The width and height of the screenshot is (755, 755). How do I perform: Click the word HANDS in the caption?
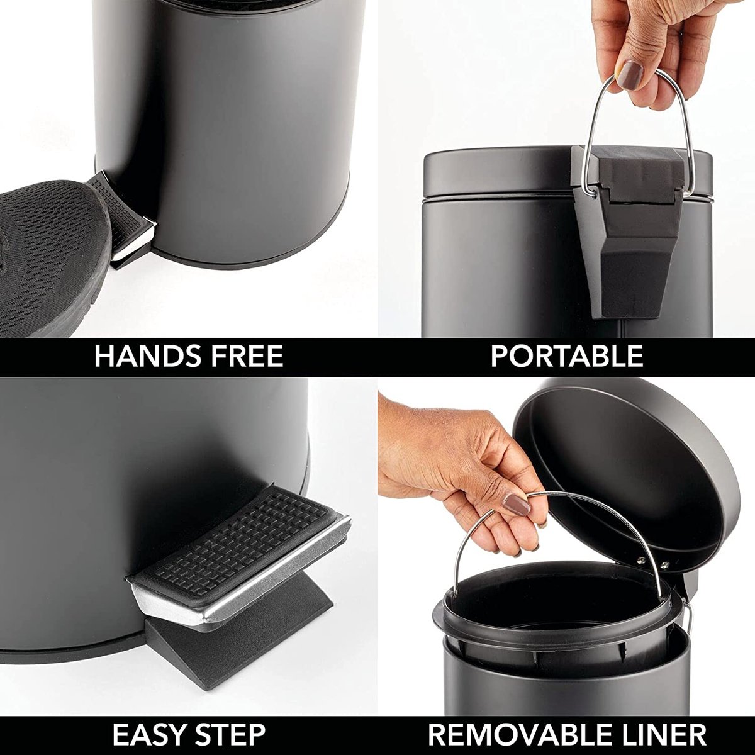click(x=147, y=355)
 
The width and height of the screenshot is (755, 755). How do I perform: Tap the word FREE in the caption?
click(x=246, y=355)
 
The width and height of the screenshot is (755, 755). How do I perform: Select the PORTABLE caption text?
click(x=566, y=355)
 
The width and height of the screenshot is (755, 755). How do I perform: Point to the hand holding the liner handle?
click(x=462, y=470)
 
